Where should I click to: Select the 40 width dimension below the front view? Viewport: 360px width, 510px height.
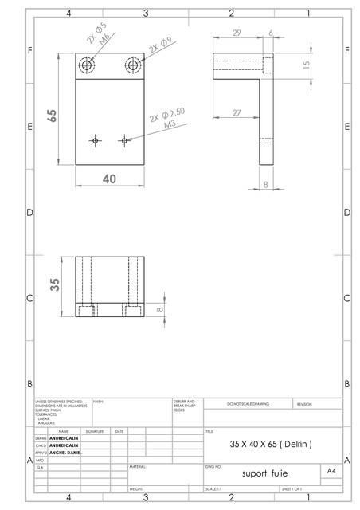click(x=109, y=178)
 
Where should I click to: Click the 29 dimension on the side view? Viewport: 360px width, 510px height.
click(x=237, y=33)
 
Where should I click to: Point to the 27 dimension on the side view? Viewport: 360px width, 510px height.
click(x=237, y=113)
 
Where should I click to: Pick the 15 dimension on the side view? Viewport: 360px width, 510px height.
click(x=307, y=65)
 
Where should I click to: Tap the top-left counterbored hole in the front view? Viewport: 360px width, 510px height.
click(x=86, y=65)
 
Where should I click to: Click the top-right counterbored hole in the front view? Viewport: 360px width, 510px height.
click(x=132, y=65)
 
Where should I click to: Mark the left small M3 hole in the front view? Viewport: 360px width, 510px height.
click(x=96, y=140)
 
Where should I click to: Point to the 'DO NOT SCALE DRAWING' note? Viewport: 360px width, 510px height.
click(x=248, y=405)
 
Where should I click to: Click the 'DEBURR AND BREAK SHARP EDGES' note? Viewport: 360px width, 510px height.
click(x=185, y=405)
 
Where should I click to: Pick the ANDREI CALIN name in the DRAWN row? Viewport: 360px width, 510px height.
click(x=64, y=437)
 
